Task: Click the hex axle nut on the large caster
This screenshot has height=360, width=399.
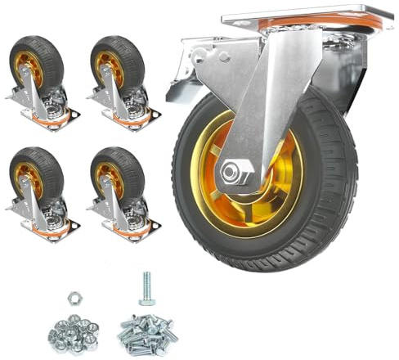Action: (235, 172)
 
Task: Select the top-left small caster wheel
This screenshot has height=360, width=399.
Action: (42, 74)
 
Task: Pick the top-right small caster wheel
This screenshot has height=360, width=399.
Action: (123, 74)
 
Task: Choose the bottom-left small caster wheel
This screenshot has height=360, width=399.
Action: (42, 184)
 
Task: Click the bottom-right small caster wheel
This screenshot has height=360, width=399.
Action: (123, 184)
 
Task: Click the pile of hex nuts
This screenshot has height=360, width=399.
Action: (73, 331)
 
